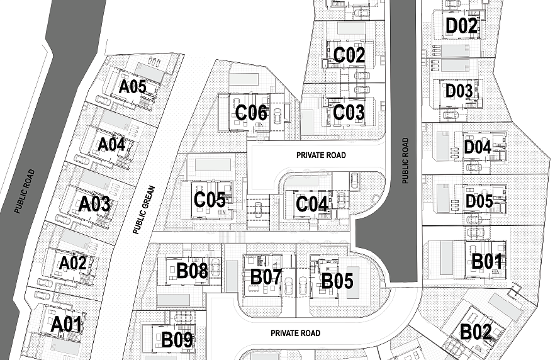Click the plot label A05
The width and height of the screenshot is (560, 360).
[133, 86]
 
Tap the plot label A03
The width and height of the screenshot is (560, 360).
[94, 205]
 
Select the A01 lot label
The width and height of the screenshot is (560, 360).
[67, 325]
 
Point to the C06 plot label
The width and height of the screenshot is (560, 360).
[251, 113]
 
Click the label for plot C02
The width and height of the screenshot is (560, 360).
[349, 55]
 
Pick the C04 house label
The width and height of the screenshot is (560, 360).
[312, 205]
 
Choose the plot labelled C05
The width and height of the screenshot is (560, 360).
[210, 200]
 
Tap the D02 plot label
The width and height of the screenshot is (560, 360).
[462, 26]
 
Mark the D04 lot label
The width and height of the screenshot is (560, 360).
[478, 147]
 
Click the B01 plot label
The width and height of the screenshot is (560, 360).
[487, 261]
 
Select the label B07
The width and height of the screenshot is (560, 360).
[266, 277]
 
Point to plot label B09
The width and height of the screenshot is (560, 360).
[177, 340]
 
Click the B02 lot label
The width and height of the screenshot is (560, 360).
[475, 332]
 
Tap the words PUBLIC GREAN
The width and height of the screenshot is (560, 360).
[144, 210]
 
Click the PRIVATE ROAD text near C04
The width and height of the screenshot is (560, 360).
[321, 155]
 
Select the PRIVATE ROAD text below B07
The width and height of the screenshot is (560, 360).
[295, 333]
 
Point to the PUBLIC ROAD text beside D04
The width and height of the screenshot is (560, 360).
[405, 160]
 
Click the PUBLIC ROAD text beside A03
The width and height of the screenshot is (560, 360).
[25, 191]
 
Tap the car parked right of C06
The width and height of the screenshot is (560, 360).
[277, 116]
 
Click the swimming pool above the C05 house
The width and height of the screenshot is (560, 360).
[213, 165]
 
